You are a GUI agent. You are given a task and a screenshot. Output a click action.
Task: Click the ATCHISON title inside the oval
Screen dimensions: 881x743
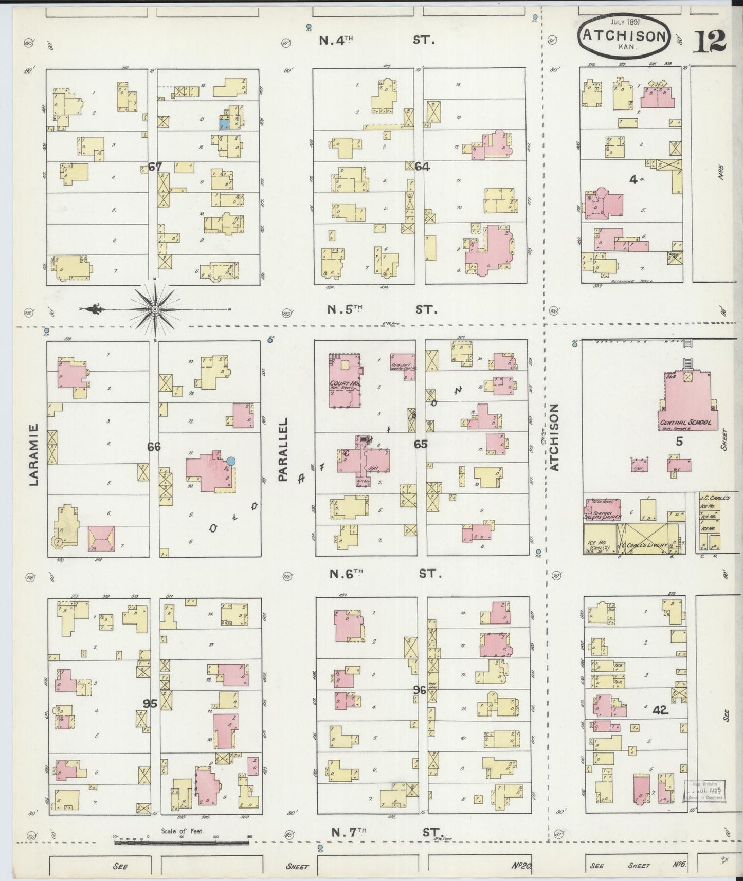click(625, 35)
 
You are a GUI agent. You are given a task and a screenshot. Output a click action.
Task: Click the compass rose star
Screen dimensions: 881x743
click(155, 309)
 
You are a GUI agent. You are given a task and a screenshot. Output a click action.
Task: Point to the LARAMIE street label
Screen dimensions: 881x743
click(34, 454)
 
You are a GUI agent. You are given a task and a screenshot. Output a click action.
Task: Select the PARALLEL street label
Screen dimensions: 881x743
click(282, 449)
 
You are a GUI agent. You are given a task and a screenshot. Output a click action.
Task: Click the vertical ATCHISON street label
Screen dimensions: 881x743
click(554, 436)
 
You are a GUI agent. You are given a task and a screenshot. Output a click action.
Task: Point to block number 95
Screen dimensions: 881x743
click(150, 703)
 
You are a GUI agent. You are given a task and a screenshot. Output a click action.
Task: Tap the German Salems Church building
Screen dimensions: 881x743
click(602, 511)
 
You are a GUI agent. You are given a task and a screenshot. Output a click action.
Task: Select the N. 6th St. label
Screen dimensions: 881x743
click(385, 574)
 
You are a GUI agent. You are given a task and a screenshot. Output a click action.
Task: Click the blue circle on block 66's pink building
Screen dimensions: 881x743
click(231, 461)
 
